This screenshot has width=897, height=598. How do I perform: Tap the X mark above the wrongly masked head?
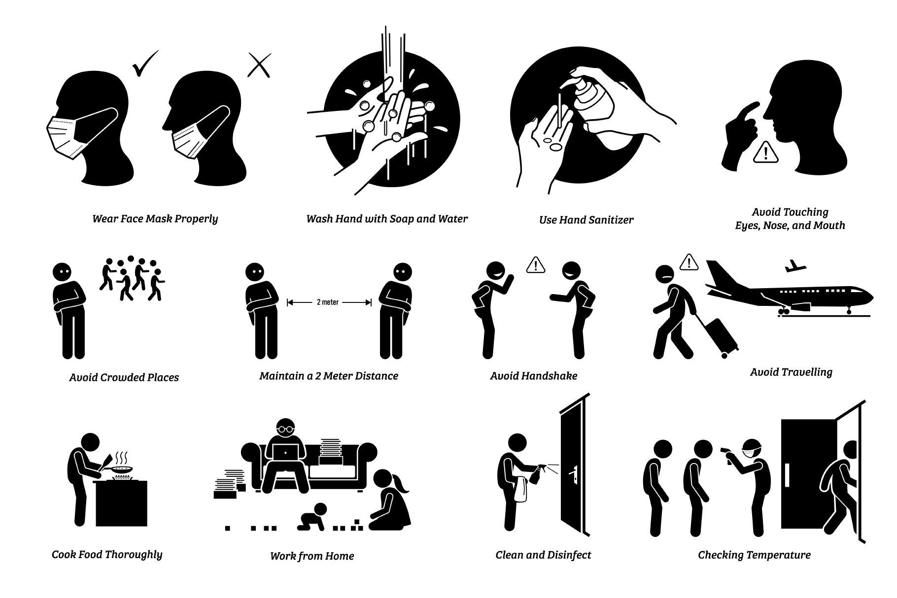[259, 65]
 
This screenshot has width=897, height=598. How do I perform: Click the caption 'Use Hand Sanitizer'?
[586, 220]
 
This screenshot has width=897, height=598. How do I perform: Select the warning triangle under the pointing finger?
[765, 152]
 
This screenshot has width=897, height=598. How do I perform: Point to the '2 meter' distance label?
[328, 302]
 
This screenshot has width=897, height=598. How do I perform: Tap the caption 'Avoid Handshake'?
[533, 376]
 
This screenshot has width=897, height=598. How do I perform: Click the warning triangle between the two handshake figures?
[535, 265]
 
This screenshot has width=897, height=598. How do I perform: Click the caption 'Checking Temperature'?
[754, 555]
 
